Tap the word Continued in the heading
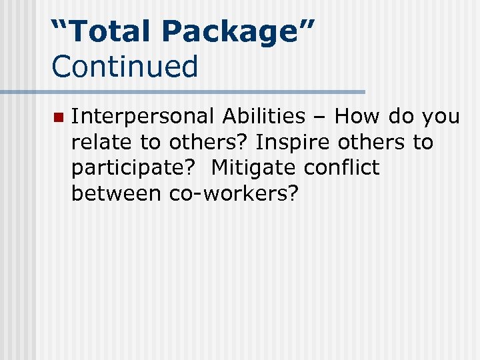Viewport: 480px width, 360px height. (x=125, y=66)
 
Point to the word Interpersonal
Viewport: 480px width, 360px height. (x=143, y=117)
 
